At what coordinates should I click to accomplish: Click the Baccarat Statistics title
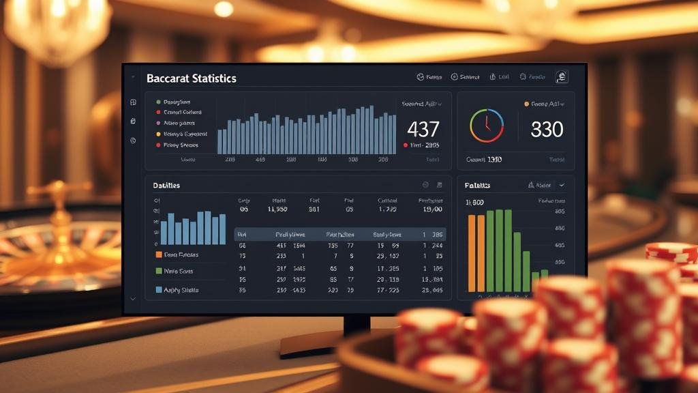[192, 78]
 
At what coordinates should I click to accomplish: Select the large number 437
[423, 128]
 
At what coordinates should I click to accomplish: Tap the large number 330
[547, 128]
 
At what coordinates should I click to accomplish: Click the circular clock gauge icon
[487, 126]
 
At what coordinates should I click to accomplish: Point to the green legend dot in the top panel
[158, 102]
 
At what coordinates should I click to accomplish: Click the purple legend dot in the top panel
[158, 123]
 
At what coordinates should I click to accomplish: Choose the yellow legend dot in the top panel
[158, 134]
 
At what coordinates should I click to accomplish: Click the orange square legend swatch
[159, 254]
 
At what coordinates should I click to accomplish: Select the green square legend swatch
[159, 271]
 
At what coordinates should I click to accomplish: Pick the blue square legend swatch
[159, 290]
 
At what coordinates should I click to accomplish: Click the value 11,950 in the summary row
[279, 209]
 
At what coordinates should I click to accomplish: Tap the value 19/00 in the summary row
[431, 209]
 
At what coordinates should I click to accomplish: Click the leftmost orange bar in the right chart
[471, 253]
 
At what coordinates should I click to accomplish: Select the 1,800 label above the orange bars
[474, 203]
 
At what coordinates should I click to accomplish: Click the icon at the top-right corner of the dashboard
[562, 77]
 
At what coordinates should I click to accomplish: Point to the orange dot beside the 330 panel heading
[526, 104]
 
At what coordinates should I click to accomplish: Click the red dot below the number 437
[405, 145]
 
